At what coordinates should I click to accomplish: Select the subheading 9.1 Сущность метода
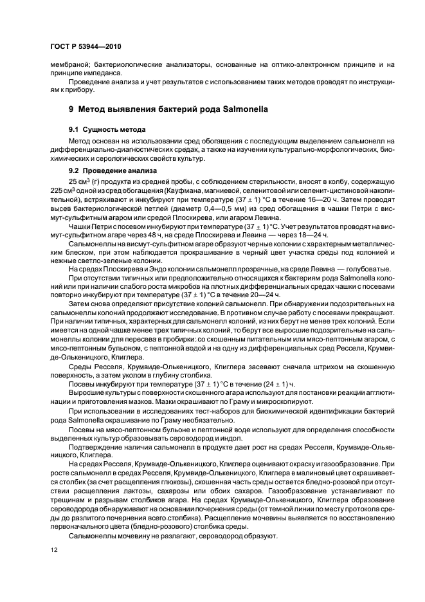(107, 129)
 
